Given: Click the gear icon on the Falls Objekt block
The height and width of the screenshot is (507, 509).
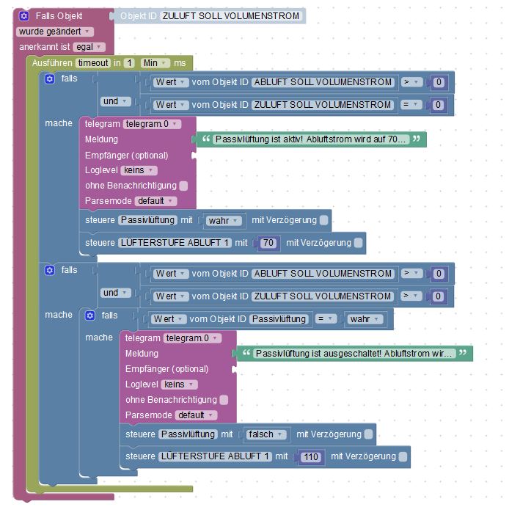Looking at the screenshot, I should coord(23,15).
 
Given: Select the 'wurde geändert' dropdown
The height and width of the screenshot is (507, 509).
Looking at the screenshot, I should coord(55,32).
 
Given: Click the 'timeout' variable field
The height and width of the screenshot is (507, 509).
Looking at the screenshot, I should coord(92,63).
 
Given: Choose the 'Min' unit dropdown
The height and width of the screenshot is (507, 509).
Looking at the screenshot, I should coord(155,63).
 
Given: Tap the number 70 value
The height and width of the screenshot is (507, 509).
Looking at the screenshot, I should coord(268,243).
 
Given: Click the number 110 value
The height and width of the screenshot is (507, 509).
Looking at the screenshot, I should coord(310,457).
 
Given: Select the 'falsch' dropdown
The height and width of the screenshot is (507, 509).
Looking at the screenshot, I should coord(265,434).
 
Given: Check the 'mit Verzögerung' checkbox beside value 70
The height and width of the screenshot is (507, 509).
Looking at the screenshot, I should coord(358,243).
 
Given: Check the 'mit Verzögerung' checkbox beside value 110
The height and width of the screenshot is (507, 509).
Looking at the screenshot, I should coord(403,457).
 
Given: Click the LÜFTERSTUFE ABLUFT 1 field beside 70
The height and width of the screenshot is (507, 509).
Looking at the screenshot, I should coord(175,243).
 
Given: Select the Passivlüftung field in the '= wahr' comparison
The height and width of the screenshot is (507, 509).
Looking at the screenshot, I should coord(279,319).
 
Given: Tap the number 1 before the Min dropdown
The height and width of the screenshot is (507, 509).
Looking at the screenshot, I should coord(130,63).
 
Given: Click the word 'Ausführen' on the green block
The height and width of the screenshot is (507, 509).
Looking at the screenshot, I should coord(51,63).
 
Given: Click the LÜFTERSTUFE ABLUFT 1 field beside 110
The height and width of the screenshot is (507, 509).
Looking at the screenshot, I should coord(215,457).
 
